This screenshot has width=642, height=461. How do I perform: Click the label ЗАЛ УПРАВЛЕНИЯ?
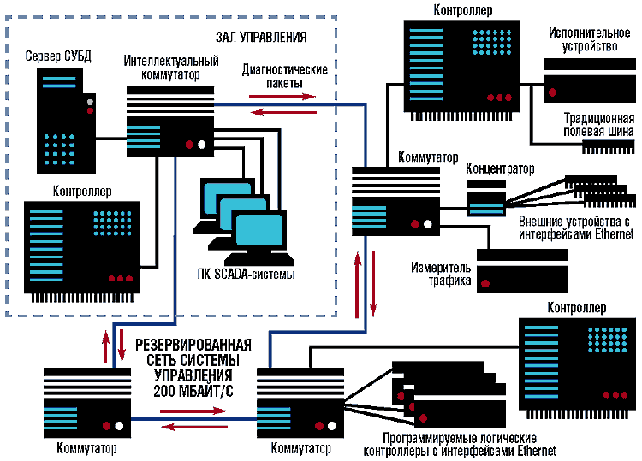point(261,38)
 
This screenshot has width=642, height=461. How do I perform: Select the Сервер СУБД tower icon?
point(62,119)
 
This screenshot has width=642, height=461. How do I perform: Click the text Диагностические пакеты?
point(285,76)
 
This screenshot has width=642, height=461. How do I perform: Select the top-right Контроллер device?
point(462,66)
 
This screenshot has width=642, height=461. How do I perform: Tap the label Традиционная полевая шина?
point(598,125)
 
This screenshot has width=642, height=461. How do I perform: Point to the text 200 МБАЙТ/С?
point(193,390)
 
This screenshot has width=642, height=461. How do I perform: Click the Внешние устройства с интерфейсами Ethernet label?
point(576,228)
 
